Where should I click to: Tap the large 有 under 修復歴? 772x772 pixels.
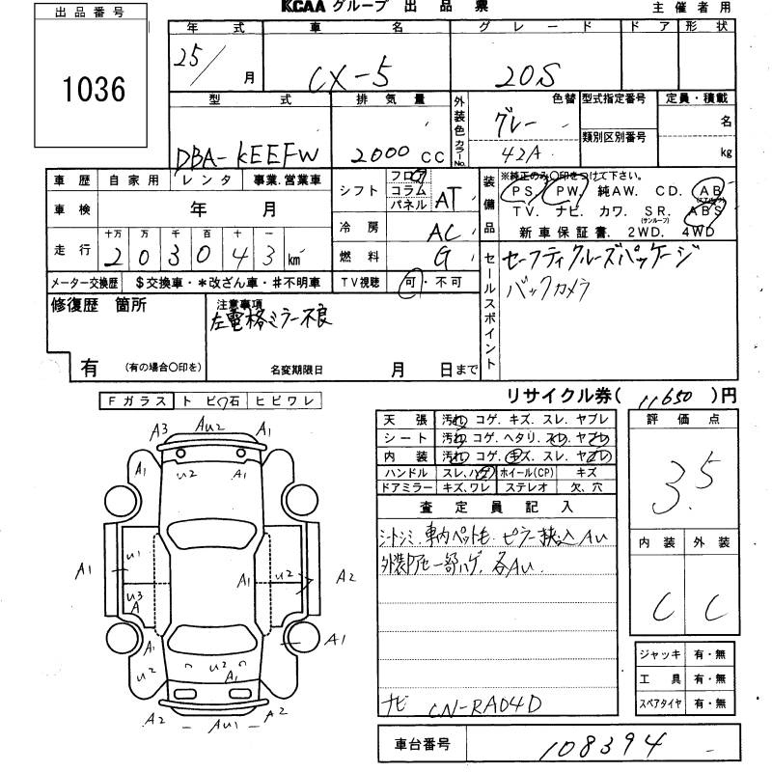(x=89, y=368)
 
